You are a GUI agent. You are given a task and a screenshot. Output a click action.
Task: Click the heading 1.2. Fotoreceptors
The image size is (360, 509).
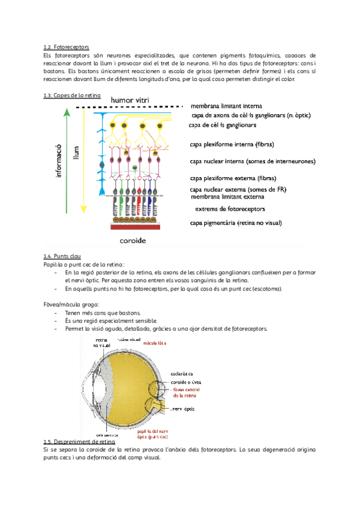coord(67,46)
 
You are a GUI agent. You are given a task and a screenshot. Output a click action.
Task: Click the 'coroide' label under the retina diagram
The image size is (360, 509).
coord(137,239)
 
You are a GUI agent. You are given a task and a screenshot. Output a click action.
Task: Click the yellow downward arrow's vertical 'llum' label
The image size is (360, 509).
coord(76,153)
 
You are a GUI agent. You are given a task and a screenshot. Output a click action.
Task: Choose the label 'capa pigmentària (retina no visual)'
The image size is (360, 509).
coord(236,223)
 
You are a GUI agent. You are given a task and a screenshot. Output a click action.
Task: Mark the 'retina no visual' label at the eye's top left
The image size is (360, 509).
coord(101,343)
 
